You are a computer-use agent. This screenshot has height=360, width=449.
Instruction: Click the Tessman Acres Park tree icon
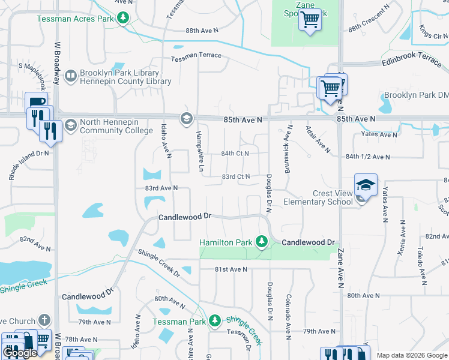tap(123, 18)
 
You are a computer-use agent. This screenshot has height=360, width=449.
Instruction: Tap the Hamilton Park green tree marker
tap(261, 242)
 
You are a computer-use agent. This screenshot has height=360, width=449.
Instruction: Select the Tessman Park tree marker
tap(215, 321)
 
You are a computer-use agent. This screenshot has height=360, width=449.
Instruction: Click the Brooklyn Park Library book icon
tap(70, 76)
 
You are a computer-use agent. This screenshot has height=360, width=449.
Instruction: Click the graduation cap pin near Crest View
tap(366, 185)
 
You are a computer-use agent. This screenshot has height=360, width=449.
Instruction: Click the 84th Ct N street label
tap(235, 154)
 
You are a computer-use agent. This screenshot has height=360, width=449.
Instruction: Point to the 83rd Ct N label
tap(235, 177)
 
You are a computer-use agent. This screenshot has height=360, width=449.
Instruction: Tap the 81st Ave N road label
tap(231, 269)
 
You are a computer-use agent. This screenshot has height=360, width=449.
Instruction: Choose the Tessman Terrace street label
tap(196, 56)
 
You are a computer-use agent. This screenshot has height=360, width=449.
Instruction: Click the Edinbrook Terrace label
tap(412, 62)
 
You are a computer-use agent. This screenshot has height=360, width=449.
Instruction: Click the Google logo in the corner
tap(20, 353)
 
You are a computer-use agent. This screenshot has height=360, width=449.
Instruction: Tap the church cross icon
tap(44, 320)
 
